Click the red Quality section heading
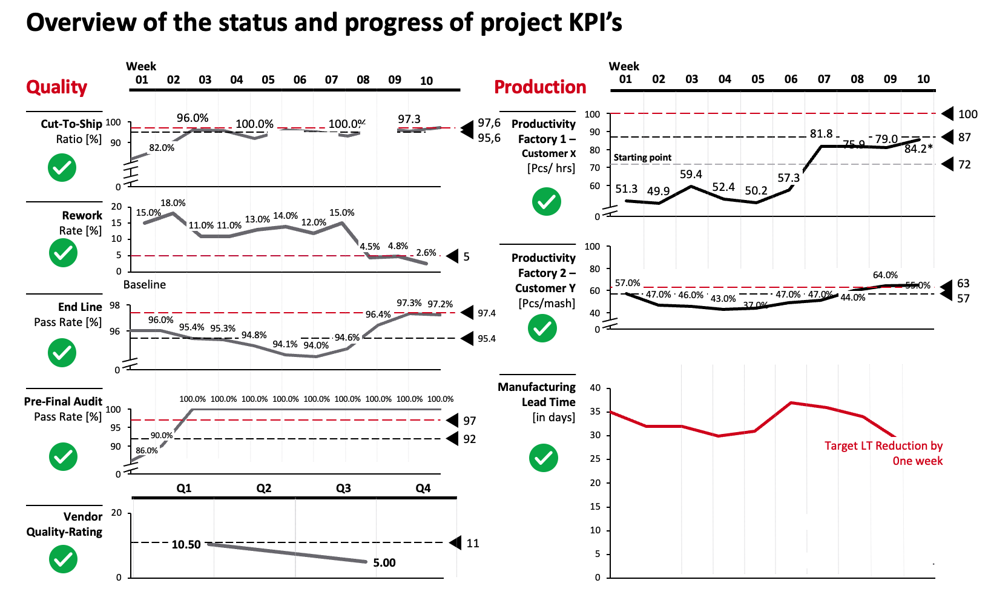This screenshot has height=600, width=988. (x=56, y=87)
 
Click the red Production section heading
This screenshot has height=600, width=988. (x=540, y=87)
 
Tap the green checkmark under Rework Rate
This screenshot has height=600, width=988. (x=63, y=253)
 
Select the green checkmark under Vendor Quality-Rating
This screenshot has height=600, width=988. (x=63, y=559)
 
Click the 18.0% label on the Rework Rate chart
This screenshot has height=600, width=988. (x=173, y=203)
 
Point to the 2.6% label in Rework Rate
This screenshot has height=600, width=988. (x=426, y=253)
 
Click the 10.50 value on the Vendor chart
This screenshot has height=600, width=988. (x=186, y=545)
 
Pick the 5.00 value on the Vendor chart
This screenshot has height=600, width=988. (x=384, y=563)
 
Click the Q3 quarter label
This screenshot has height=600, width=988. (x=343, y=488)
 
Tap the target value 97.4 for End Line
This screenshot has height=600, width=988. (x=487, y=313)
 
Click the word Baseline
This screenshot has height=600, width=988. (x=145, y=285)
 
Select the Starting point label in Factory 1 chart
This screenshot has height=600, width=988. (x=642, y=158)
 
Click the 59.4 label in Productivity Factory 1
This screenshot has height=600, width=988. (x=691, y=175)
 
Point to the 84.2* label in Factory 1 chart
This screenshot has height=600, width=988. (x=918, y=149)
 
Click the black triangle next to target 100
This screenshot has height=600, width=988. (x=948, y=114)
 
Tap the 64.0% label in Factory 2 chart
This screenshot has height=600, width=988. (x=885, y=275)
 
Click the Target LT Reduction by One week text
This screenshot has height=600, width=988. (x=884, y=453)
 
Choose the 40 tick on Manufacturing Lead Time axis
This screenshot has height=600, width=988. (x=595, y=388)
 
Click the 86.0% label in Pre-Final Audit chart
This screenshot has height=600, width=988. (x=147, y=451)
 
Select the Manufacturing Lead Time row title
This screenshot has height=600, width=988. (x=537, y=395)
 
